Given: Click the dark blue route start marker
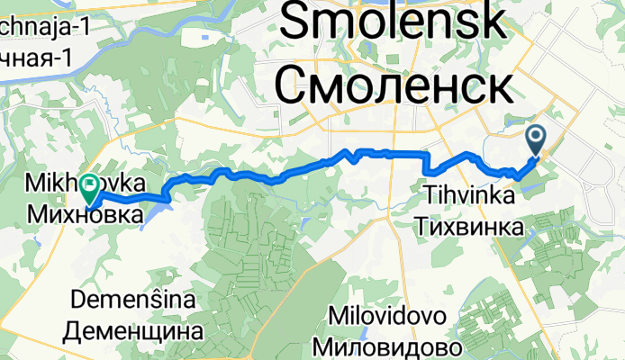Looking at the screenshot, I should click(x=535, y=139).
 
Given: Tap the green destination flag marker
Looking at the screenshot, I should click(x=90, y=187).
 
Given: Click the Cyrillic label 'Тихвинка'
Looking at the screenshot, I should click(x=469, y=222).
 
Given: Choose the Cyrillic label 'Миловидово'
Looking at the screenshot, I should click(x=388, y=346).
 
